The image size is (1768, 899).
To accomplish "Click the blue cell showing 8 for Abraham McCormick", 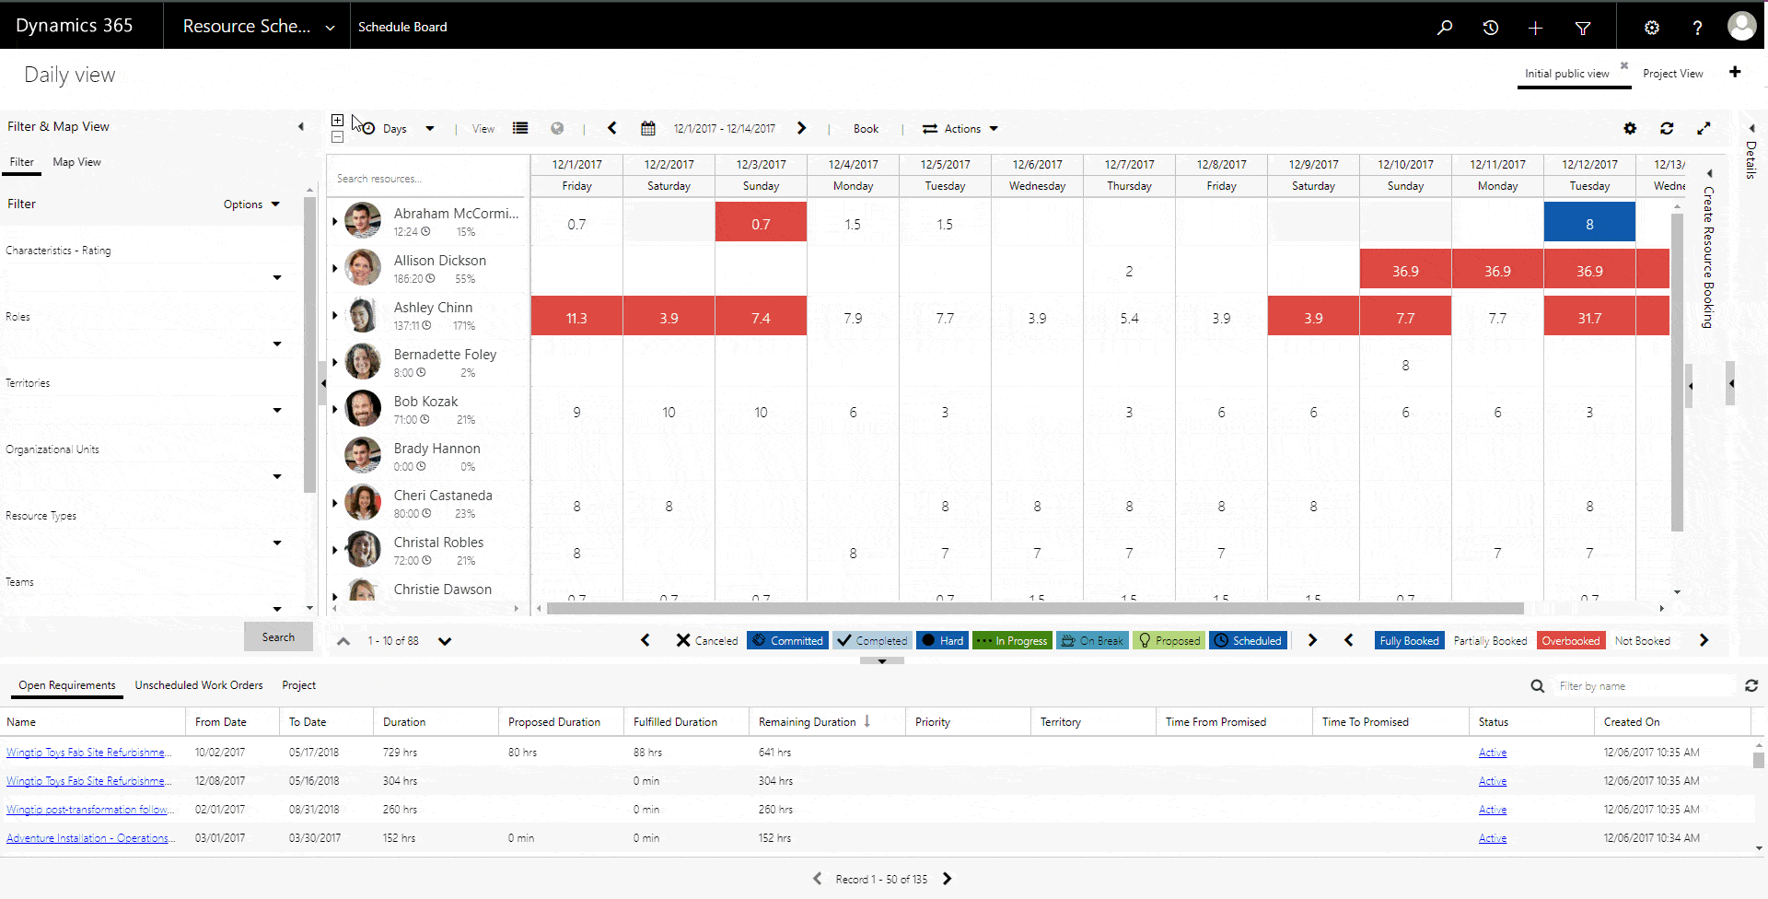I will pos(1589,224).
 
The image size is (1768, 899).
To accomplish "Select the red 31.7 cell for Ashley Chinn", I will pos(1589,318).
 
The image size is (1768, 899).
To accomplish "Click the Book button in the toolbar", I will pos(866,129).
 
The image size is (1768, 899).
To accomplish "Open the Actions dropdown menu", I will pos(961,129).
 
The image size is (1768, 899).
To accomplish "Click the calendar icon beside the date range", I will pos(648,129).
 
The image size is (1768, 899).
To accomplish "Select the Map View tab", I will pos(76,162).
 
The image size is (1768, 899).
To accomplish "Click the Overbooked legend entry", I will pos(1570,641).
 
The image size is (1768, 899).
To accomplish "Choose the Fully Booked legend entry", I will pos(1408,641).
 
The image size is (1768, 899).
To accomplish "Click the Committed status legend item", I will pos(787,641).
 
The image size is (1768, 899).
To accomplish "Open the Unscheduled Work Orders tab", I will pos(199,685).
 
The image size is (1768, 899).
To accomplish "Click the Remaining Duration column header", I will pos(808,722).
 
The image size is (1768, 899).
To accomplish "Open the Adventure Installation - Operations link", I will pos(88,838).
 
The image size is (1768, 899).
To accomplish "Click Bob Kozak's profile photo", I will pos(363,408).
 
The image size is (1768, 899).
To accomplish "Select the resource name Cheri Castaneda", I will pos(443,496).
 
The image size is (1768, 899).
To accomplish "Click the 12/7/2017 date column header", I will pos(1129,165).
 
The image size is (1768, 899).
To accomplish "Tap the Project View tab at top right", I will pos(1672,74).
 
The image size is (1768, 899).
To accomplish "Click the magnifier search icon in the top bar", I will pos(1445,28).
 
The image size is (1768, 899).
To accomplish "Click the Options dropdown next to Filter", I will pos(250,204).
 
